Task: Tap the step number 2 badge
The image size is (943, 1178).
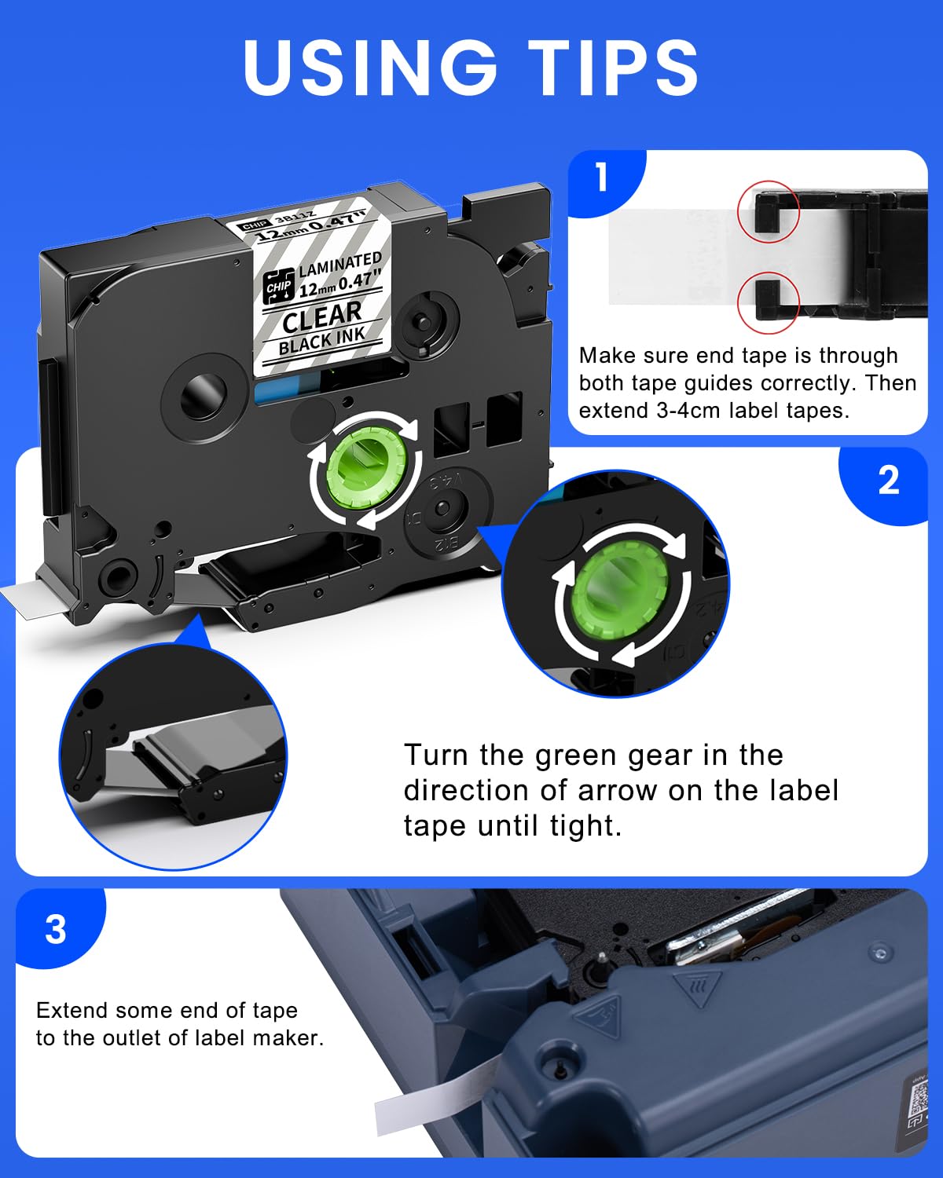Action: pyautogui.click(x=888, y=481)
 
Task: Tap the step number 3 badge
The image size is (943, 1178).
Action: pyautogui.click(x=55, y=929)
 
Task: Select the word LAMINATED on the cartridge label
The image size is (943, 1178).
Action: pyautogui.click(x=339, y=264)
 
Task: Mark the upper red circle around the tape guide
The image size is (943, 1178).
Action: pyautogui.click(x=768, y=211)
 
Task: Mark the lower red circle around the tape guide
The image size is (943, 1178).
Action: pyautogui.click(x=768, y=302)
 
